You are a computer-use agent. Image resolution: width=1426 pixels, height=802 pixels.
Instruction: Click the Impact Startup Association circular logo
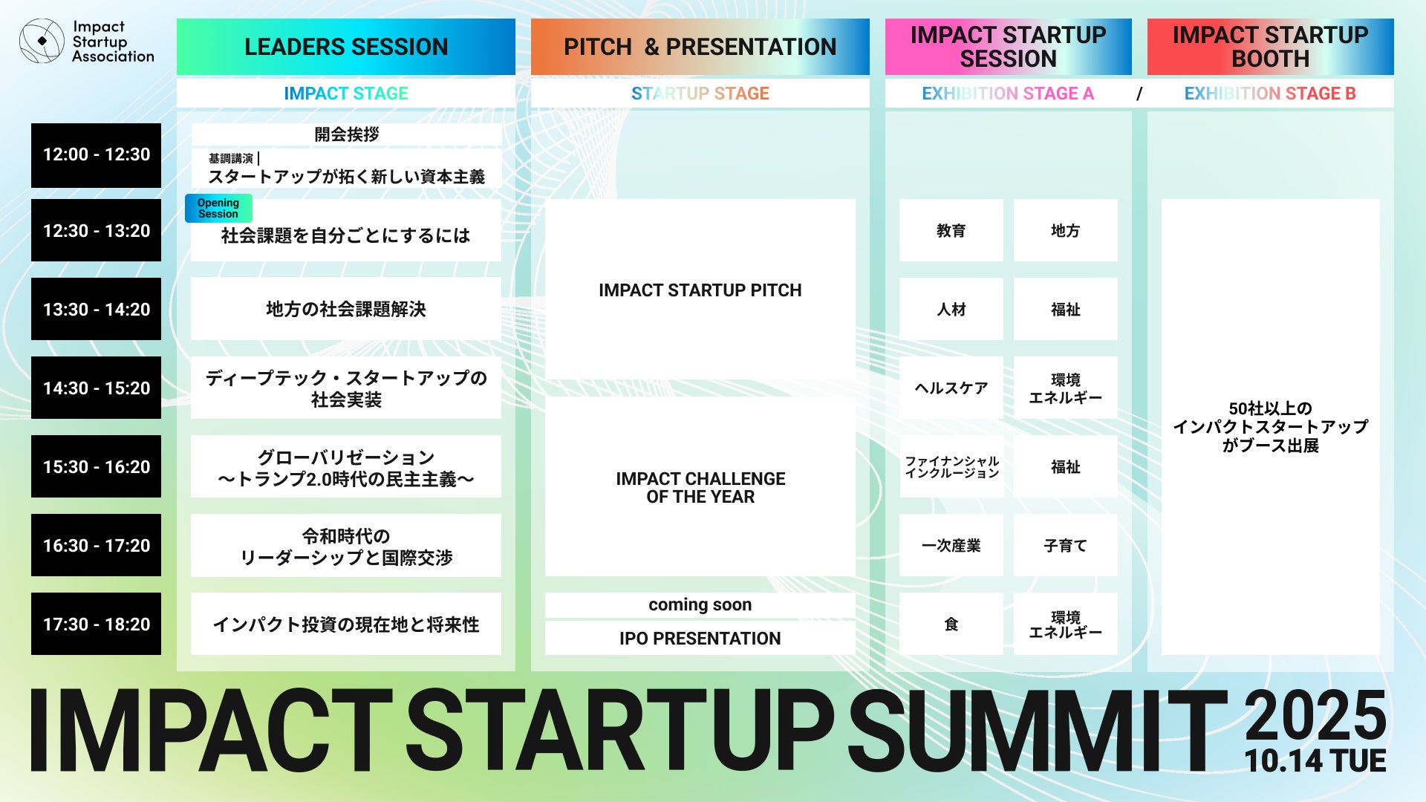(42, 42)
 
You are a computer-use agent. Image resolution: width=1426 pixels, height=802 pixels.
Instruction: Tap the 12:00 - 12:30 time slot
(96, 155)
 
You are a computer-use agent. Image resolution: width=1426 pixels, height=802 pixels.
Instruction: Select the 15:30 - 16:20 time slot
(96, 466)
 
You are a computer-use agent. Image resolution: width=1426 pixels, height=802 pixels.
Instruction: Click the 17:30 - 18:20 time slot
(96, 624)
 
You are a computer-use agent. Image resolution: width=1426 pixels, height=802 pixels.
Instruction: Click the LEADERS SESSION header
(346, 47)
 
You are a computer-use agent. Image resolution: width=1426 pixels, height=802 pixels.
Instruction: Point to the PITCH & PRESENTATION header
(700, 47)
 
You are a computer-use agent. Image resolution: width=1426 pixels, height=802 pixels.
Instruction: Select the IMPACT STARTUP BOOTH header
(1271, 47)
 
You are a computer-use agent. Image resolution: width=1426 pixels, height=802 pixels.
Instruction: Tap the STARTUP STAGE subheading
(700, 94)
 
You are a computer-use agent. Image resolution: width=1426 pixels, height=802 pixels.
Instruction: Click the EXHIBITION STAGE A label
(1008, 94)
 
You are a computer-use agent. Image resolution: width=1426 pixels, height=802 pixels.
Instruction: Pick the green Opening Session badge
(218, 209)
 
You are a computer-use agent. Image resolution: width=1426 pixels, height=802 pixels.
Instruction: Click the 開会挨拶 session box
(346, 134)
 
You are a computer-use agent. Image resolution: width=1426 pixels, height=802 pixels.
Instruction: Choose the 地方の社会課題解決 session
(346, 309)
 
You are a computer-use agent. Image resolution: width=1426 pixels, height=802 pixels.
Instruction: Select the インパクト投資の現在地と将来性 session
(346, 624)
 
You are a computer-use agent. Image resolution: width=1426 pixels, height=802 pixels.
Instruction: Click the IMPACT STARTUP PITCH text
(700, 290)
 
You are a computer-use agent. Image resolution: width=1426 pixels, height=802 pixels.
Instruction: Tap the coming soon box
(700, 605)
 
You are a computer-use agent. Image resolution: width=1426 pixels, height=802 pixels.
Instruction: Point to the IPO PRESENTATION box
(700, 639)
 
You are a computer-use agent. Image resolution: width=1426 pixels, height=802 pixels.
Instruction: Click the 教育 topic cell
(951, 230)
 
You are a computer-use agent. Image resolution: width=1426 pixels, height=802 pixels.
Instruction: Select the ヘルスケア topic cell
(951, 388)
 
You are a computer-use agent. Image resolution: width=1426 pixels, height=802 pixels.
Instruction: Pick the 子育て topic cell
(1066, 545)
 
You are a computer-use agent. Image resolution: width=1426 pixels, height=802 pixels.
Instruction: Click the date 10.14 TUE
(1315, 761)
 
